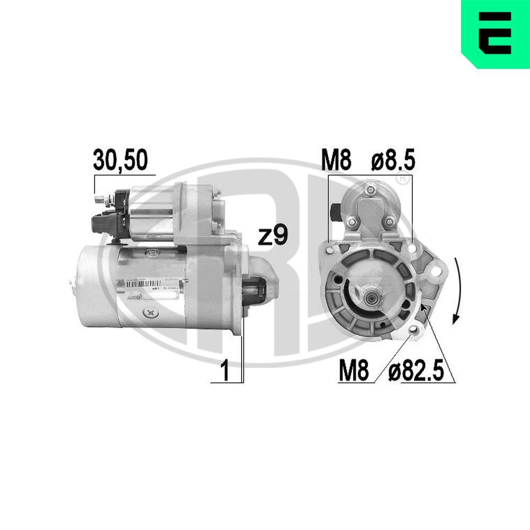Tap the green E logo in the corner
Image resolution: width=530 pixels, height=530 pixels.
click(x=496, y=34)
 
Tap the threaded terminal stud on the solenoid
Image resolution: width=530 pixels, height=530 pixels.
click(x=100, y=200)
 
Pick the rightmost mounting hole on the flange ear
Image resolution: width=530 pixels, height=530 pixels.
click(x=436, y=271)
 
